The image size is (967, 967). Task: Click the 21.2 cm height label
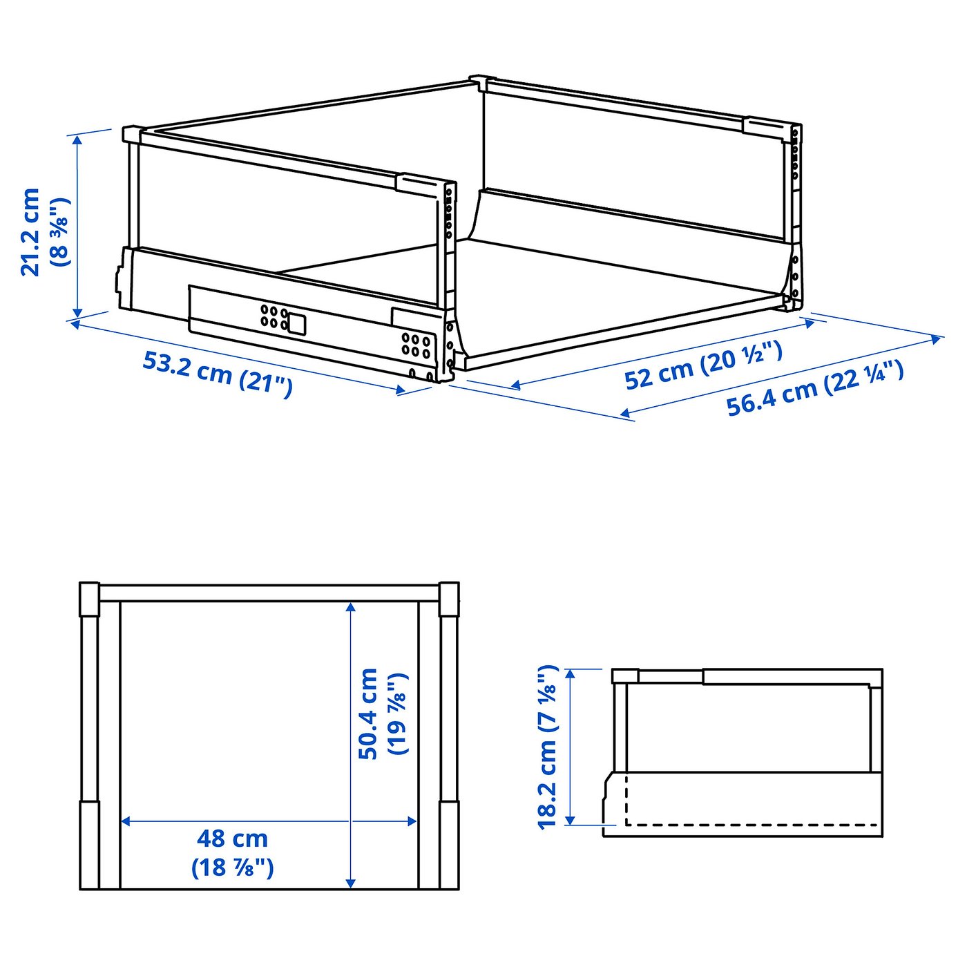tap(31, 231)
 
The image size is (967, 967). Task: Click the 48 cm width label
tap(232, 839)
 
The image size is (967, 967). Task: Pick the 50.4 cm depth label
tap(368, 714)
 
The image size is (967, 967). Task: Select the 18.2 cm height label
tap(547, 746)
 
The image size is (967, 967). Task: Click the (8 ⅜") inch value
tap(61, 231)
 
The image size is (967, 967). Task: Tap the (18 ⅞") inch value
tap(232, 867)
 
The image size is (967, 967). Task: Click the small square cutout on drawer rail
tap(296, 324)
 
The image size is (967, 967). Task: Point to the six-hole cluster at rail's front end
tap(416, 345)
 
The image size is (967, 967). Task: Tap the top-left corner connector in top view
tap(90, 598)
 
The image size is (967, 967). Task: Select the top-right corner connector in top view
tap(448, 598)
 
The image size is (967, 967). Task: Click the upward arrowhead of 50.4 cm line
tap(351, 607)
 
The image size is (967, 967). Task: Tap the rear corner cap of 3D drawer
tap(482, 82)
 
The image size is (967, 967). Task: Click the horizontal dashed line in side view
tap(753, 825)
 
